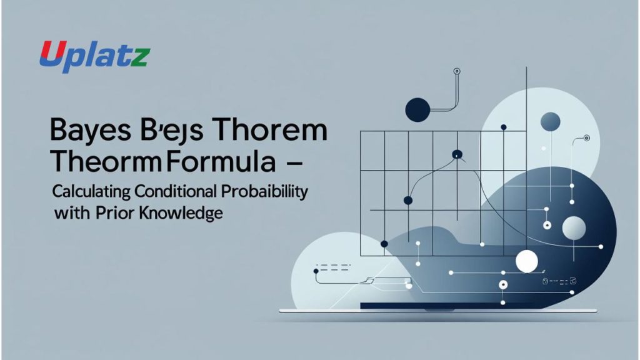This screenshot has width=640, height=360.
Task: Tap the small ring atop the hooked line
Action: (457, 71)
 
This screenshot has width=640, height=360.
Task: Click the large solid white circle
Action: (527, 261)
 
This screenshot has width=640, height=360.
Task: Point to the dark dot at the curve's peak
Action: (457, 154)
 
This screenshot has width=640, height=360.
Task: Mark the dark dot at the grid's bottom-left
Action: (384, 244)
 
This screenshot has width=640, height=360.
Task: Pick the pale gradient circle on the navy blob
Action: (573, 228)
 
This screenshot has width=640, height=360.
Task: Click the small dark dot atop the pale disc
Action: (504, 127)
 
